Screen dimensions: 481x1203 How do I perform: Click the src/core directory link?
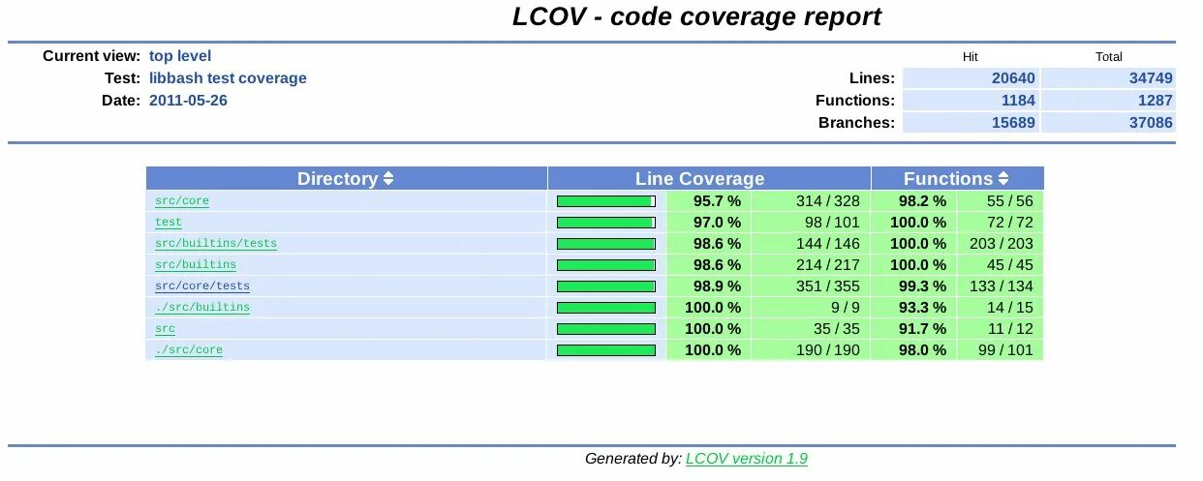(x=182, y=201)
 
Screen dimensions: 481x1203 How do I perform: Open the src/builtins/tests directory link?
(x=216, y=244)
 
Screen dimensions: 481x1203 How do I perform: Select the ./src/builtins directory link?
(x=202, y=308)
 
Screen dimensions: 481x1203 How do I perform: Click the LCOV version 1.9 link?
(x=746, y=459)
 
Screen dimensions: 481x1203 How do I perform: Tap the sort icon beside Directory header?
(x=388, y=179)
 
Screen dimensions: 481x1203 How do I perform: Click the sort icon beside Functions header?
(x=1003, y=179)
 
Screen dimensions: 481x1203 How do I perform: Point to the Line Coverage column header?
(x=699, y=179)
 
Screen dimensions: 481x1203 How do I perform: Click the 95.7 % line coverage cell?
(x=717, y=201)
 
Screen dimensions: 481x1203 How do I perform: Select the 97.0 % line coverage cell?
(x=717, y=223)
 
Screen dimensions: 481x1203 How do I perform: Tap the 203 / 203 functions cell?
(x=1001, y=244)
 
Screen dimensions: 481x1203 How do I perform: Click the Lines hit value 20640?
(x=1013, y=78)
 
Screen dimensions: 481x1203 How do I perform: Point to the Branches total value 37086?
(x=1151, y=123)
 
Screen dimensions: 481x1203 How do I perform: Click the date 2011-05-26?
(x=188, y=101)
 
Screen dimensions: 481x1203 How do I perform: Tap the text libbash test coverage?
(x=228, y=78)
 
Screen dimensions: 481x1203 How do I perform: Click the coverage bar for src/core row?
(x=606, y=201)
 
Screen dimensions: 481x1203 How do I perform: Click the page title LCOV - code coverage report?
(x=696, y=17)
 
